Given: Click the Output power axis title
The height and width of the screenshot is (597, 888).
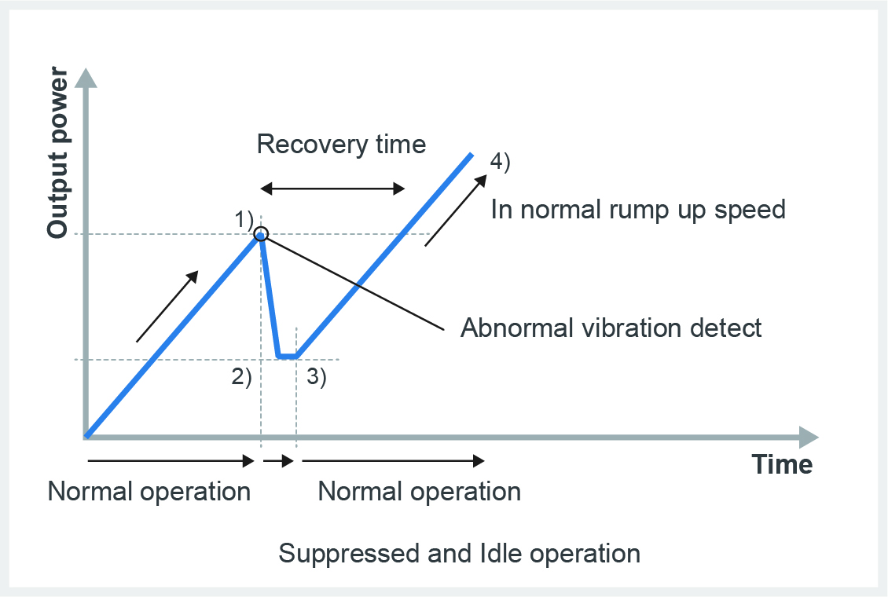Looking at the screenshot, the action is tap(58, 152).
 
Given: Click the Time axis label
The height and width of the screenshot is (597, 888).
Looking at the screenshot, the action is tap(782, 464).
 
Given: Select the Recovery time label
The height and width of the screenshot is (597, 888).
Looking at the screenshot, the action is tap(341, 144).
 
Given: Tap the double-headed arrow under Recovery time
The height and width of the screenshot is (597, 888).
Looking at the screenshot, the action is tap(332, 189).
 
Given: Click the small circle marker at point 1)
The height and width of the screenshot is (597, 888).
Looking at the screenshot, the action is tap(261, 233).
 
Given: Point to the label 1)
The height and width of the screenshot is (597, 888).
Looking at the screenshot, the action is tap(244, 219).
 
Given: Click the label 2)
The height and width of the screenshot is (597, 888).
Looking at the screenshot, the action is tap(241, 376).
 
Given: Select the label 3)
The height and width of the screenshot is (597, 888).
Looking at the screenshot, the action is tap(317, 376).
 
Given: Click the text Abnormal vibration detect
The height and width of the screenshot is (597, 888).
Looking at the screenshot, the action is tap(611, 328).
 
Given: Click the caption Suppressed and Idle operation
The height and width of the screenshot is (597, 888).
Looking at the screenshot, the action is tap(459, 553).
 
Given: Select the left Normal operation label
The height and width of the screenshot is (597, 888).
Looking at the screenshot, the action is tap(149, 491).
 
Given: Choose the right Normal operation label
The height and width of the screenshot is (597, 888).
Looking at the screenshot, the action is tap(419, 491).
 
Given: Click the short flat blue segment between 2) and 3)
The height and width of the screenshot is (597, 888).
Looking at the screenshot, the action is tap(288, 357).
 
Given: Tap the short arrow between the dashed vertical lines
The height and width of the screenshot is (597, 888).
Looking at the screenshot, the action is tap(279, 460).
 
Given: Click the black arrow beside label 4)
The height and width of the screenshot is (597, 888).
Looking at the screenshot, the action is tap(456, 211).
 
